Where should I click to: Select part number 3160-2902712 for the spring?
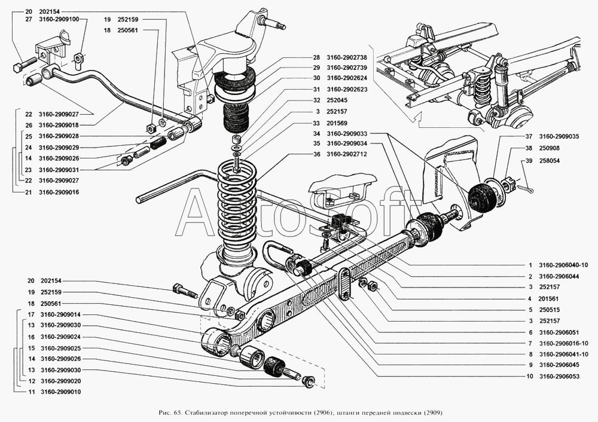pos(347,154)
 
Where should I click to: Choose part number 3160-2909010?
pos(60,392)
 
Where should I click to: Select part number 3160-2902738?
pos(347,57)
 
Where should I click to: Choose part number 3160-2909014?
pos(60,314)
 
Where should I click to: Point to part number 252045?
pos(338,100)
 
